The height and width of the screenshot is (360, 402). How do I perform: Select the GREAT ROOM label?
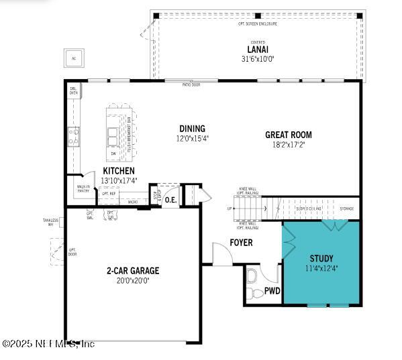pos(288,135)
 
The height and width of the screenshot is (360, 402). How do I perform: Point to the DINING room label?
pos(192,129)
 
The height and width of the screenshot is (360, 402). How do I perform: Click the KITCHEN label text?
pos(118,172)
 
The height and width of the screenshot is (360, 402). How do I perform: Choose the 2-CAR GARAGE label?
pos(132,271)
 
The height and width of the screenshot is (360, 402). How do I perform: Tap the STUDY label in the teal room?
pos(321,259)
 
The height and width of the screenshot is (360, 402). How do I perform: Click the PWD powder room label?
pos(272,291)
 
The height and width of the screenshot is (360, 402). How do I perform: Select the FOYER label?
pos(241,243)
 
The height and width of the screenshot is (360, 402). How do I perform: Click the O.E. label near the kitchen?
pos(170,199)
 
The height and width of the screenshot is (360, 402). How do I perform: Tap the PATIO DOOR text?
pos(191,85)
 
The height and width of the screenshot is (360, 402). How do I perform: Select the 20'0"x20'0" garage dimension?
pos(132,281)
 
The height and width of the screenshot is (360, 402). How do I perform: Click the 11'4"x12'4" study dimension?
pos(321,268)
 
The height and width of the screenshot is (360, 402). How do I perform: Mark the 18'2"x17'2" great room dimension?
pos(288,144)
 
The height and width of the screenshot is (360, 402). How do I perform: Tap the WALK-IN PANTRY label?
pos(83,189)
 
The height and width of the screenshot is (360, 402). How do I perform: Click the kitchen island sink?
pos(112,136)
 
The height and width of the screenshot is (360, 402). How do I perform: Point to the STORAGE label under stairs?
pos(346,209)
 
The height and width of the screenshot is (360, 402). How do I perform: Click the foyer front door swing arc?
pos(221,253)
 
